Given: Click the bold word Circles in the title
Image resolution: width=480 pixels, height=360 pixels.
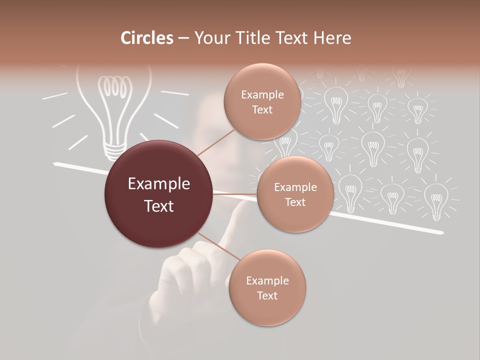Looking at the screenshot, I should [x=146, y=38].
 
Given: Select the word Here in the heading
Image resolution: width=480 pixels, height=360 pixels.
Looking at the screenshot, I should [x=333, y=38].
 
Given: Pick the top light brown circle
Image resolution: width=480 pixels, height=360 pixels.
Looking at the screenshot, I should [x=262, y=102].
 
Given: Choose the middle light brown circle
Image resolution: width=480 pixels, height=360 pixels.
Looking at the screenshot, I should [x=295, y=194].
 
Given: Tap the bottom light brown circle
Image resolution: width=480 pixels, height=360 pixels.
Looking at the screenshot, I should [x=267, y=288].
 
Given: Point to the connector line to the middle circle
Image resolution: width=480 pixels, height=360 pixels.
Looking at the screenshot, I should [x=235, y=193].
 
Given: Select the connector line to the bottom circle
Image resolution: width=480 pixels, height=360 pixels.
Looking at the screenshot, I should [x=217, y=246].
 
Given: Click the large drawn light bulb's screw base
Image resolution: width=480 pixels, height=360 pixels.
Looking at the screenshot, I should [x=114, y=149].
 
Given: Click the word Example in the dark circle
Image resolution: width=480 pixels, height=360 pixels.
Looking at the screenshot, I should [x=159, y=184].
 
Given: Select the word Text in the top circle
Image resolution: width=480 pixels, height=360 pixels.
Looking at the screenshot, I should [x=262, y=109].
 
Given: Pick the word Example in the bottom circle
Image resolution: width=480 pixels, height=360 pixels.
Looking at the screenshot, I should [x=267, y=280].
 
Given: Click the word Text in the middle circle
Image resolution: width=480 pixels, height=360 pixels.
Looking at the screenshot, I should [x=295, y=202].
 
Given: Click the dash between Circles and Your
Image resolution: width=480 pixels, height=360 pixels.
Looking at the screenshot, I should [x=183, y=38].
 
